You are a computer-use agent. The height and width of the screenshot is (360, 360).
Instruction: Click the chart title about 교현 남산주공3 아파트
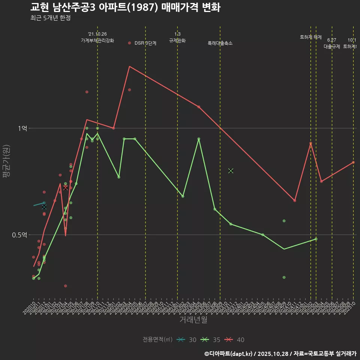[x=125, y=7]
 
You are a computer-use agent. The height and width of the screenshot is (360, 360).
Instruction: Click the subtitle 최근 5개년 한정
[x=50, y=18]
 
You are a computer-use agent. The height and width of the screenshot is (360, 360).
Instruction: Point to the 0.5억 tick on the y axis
[x=20, y=235]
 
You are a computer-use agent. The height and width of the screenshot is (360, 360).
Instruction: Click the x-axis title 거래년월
[x=193, y=320]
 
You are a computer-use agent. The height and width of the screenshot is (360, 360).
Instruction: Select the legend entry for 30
[x=186, y=340]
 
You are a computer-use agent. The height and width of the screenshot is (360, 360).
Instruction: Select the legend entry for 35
[x=210, y=340]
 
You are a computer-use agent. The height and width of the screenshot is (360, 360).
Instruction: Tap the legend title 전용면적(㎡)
[x=157, y=340]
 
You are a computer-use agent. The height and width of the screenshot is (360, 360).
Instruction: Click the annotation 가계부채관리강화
[x=97, y=40]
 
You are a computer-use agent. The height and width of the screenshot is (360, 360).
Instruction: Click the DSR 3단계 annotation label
[x=145, y=43]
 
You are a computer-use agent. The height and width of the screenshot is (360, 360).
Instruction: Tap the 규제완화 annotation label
[x=177, y=40]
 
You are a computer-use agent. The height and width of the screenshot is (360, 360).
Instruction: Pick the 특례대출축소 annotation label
[x=220, y=43]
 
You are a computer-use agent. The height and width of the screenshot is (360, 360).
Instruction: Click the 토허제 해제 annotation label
[x=310, y=37]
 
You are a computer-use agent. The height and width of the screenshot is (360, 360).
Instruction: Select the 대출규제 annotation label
[x=332, y=46]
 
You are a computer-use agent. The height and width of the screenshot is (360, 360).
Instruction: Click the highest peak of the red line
[x=129, y=66]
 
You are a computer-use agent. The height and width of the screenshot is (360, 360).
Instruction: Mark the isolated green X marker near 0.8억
[x=231, y=171]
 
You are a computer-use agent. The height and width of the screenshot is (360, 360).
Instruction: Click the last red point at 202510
[x=353, y=162]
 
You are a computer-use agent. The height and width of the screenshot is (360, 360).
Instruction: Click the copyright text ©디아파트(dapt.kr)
[x=229, y=354]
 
